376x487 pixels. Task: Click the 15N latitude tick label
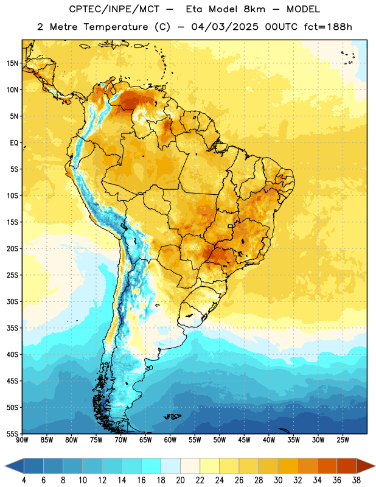tap(12, 63)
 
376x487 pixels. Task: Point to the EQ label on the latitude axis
tap(14, 143)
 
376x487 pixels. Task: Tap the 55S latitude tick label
tap(12, 433)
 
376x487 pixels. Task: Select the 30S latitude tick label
tap(12, 301)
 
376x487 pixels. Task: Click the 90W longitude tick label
tap(22, 440)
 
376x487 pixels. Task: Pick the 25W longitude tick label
tap(343, 440)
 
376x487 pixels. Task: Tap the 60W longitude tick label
tap(170, 440)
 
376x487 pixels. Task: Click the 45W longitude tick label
tap(244, 440)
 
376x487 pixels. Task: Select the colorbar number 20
tap(180, 480)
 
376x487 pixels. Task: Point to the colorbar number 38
tap(357, 480)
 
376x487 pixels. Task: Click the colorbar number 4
tap(24, 480)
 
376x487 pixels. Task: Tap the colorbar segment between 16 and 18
tap(151, 466)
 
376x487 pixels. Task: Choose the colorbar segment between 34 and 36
tap(327, 466)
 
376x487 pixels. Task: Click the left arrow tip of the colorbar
tap(5, 466)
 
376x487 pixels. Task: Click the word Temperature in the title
tap(116, 27)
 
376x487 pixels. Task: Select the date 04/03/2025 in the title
tap(225, 27)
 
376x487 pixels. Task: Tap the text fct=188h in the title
tap(328, 27)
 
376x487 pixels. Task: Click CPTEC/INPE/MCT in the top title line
tap(114, 10)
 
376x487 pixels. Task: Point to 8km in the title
tap(254, 9)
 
